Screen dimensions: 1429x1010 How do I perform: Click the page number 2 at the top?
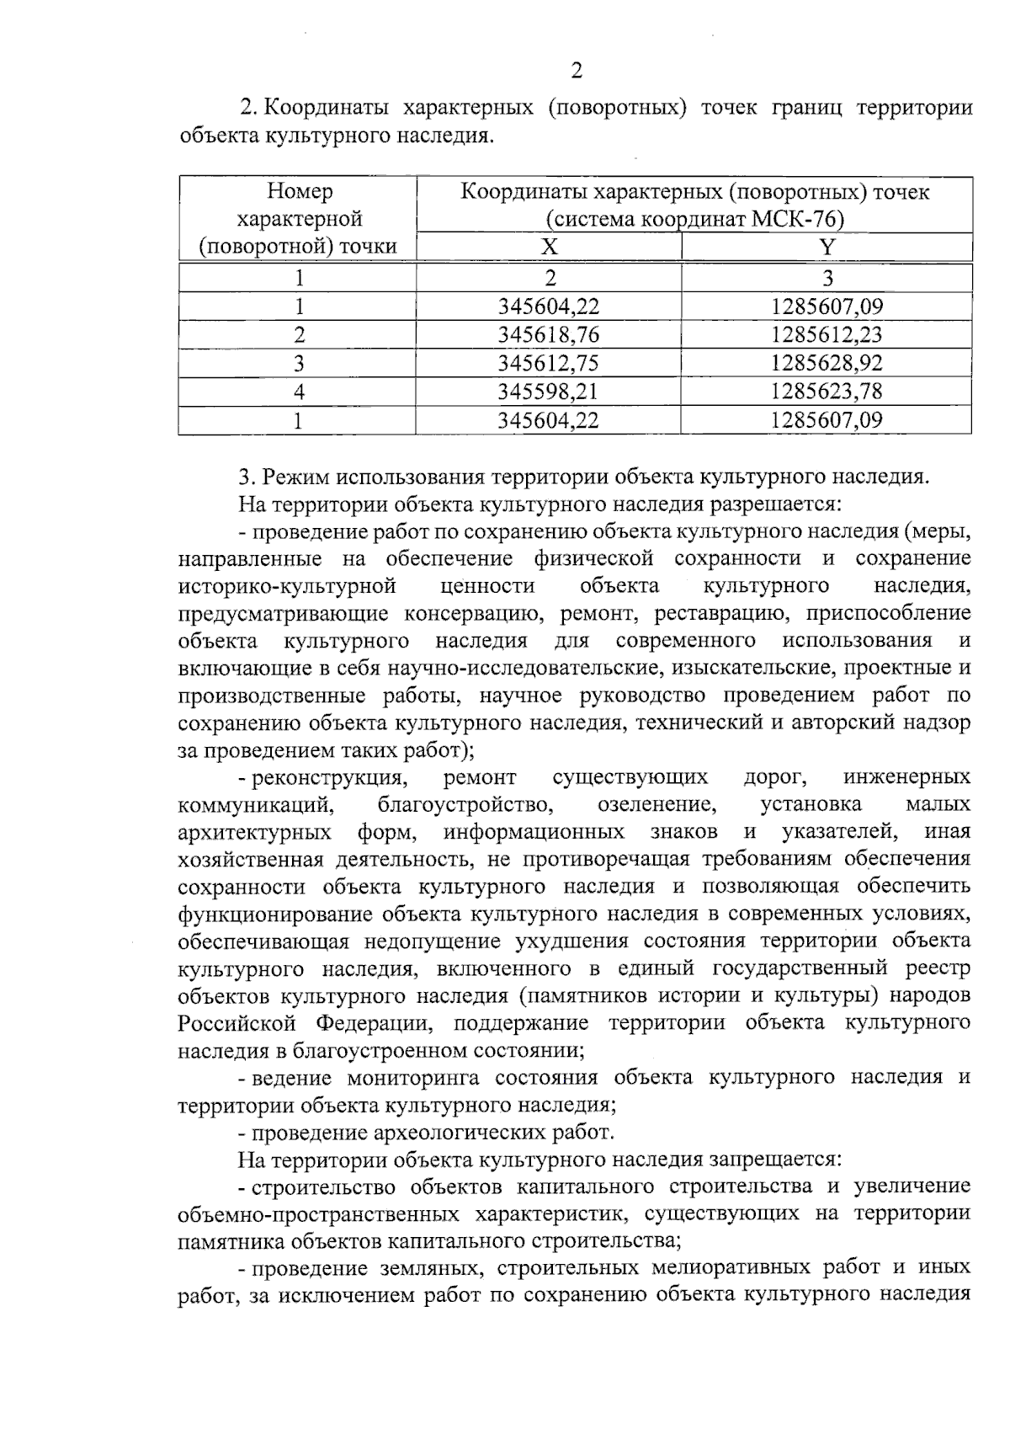click(x=577, y=71)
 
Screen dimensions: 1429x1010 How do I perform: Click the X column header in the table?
click(x=549, y=247)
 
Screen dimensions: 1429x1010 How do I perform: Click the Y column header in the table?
click(x=827, y=247)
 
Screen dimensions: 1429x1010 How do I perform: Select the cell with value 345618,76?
click(x=549, y=335)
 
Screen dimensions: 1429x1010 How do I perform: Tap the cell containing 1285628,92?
click(x=827, y=363)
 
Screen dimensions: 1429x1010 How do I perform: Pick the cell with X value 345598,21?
click(x=549, y=392)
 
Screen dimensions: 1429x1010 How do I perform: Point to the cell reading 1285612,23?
click(x=827, y=335)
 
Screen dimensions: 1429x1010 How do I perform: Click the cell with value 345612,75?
click(x=549, y=363)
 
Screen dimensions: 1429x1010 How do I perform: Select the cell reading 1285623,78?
click(x=827, y=392)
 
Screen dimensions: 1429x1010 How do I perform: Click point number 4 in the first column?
click(x=298, y=392)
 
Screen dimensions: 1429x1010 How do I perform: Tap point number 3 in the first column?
click(x=298, y=363)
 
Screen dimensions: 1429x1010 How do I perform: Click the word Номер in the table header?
click(x=300, y=192)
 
